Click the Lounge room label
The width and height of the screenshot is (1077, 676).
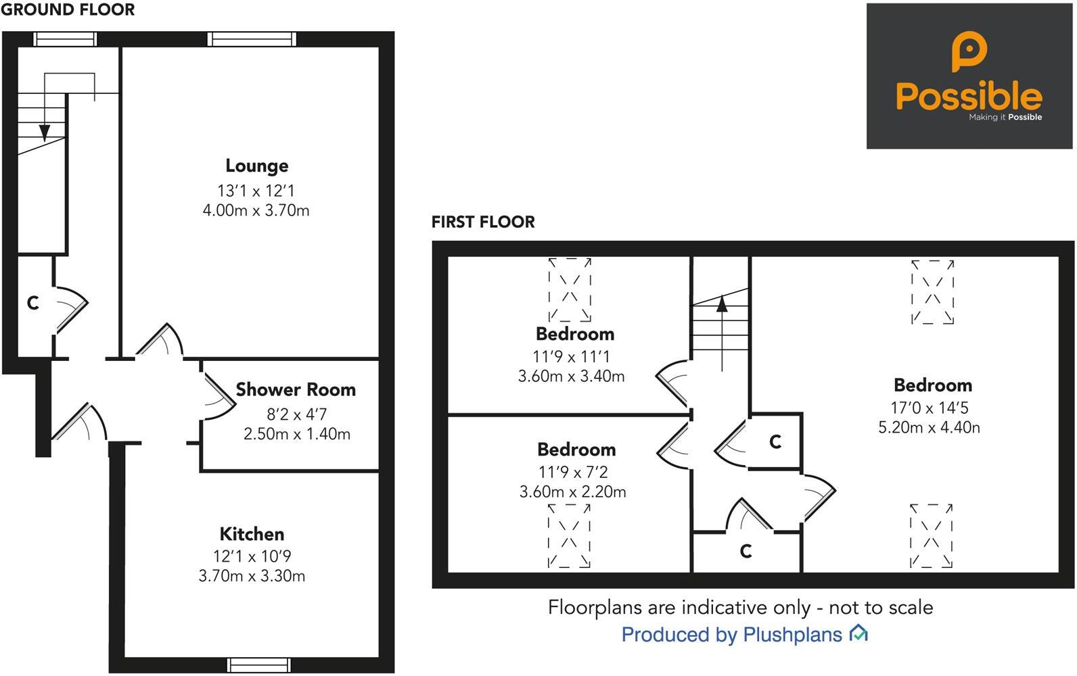coord(256,166)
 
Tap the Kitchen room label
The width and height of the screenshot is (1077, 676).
coord(252,534)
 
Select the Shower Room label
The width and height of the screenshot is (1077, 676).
coord(296,389)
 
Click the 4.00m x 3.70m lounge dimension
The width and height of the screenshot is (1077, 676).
coord(256,210)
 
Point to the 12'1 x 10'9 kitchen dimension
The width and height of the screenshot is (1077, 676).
coord(252,556)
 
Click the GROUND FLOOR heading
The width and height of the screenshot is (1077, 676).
coord(68,9)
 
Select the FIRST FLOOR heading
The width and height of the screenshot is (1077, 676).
coord(483,222)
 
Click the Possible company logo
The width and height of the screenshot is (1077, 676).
coord(969,76)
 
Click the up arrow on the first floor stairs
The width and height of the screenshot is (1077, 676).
coord(722,304)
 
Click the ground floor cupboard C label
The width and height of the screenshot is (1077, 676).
coord(32,303)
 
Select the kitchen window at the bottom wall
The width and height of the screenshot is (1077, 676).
coord(259,665)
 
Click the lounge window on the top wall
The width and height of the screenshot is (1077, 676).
coord(252,39)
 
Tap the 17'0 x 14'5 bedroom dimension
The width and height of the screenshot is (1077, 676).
coord(930,408)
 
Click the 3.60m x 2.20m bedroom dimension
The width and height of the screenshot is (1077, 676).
coord(572,491)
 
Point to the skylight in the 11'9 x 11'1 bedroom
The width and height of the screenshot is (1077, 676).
coord(570,289)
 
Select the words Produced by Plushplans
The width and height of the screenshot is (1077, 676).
coord(731,634)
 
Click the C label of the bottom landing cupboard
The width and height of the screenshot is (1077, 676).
coord(746,551)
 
